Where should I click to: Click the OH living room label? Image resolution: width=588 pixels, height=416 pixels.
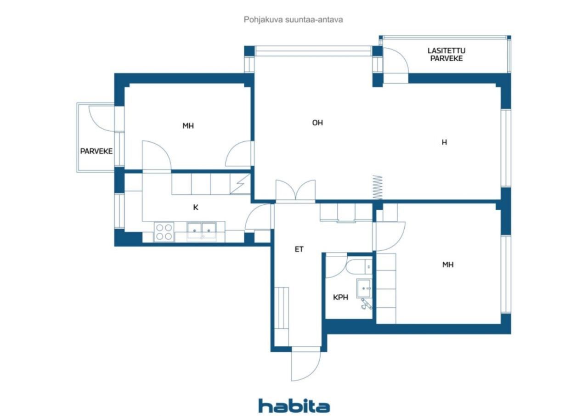coord(317,123)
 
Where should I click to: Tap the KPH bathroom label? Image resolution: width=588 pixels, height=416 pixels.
coord(340,298)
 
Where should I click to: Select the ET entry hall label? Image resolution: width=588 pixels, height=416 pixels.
coord(299,249)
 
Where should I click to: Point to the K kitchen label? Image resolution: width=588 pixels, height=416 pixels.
coord(196,208)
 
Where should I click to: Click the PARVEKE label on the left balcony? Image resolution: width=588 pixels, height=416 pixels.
coord(96,151)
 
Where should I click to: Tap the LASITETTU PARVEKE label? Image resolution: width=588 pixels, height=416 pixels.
coord(446,55)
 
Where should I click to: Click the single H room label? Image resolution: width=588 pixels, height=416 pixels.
coord(444,142)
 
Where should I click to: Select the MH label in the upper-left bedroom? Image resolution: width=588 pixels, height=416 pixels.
coord(188,126)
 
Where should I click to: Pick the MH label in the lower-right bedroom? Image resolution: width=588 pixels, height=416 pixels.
coord(448,264)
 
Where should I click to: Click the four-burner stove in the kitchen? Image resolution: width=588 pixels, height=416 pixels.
coord(164,232)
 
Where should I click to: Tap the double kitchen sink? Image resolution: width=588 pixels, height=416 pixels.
coord(201,231)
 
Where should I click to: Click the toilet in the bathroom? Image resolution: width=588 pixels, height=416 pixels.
coord(359,266)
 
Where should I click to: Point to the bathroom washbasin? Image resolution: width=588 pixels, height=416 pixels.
coord(364,288)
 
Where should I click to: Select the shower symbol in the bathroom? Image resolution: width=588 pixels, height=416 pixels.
coord(366,304)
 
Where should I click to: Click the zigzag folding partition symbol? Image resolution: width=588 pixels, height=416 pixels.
coord(378,187)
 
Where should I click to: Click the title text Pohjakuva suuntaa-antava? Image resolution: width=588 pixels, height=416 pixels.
coord(293,20)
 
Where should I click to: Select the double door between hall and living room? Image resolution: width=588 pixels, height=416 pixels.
coord(295,191)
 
